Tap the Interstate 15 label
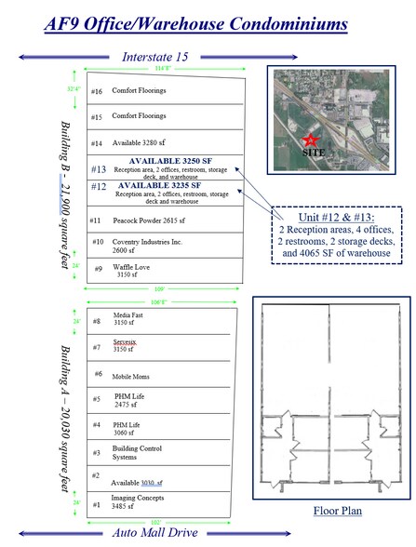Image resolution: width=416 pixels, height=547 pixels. coord(154,58)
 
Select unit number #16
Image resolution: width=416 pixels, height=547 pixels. coord(97,91)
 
